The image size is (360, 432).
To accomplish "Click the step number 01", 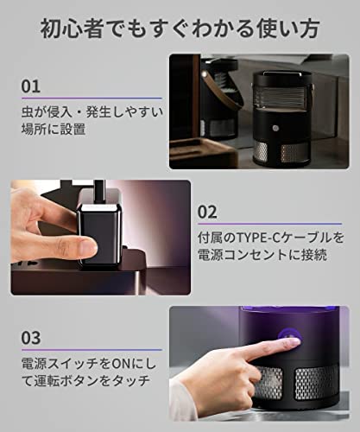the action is point(31,86).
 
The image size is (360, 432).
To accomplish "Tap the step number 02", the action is point(207,212).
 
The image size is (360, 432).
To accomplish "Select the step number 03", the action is point(31,338).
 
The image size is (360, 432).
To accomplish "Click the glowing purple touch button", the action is point(290,337).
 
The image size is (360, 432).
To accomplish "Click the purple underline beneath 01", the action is point(92,98).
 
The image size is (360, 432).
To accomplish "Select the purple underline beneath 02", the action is point(269,224).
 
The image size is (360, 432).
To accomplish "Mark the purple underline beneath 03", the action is point(92,350).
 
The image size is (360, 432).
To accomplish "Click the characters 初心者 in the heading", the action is point(72,29).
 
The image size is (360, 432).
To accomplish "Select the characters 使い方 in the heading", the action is point(288,29).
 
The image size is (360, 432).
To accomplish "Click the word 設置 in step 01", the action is point(73,129).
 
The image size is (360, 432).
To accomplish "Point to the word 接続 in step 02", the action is point(314,255).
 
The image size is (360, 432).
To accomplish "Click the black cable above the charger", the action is point(99,192).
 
